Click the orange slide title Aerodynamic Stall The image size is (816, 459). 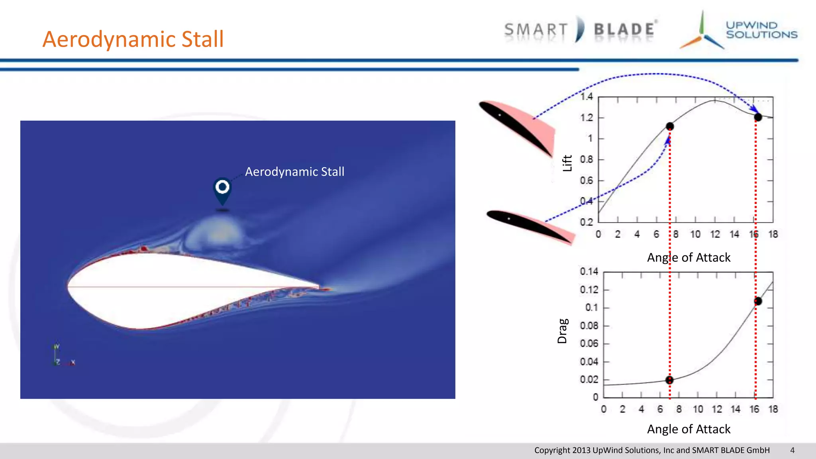[x=133, y=39]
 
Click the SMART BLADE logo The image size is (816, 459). [x=580, y=30]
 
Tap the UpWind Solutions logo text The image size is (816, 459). [x=761, y=30]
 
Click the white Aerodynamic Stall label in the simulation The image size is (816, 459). [x=294, y=172]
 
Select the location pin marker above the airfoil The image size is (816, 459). [x=222, y=190]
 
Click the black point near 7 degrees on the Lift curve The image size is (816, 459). [x=670, y=126]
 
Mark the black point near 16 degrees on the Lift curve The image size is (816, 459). [x=758, y=117]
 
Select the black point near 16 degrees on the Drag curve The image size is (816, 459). [x=758, y=301]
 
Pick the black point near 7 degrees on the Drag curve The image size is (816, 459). [x=669, y=380]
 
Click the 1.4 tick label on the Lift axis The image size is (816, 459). [x=586, y=97]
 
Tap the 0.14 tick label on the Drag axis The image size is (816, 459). [x=589, y=272]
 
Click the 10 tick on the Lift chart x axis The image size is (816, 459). [x=695, y=234]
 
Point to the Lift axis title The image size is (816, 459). [x=567, y=163]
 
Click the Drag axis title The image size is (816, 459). [x=562, y=331]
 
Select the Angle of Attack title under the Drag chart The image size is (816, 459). [x=688, y=429]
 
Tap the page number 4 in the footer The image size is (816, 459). [x=792, y=450]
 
